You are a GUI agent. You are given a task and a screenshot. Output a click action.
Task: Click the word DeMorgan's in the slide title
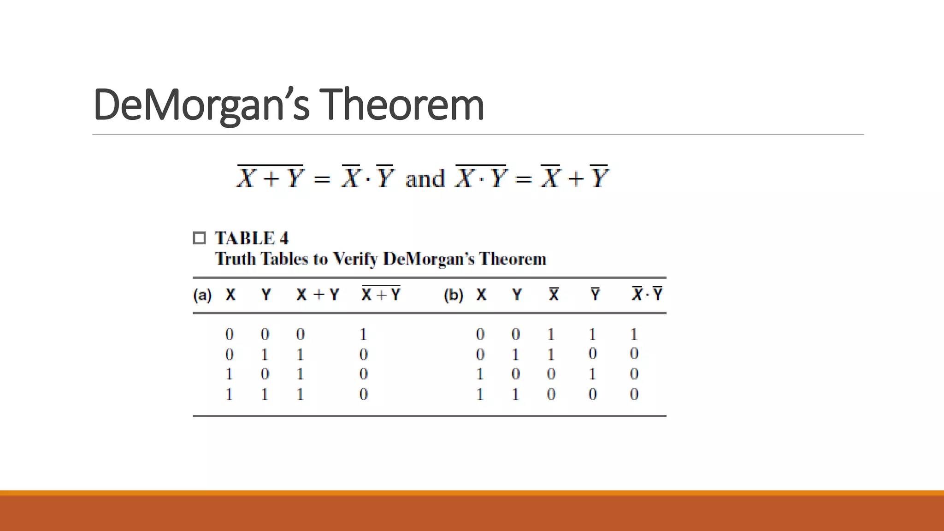pyautogui.click(x=201, y=105)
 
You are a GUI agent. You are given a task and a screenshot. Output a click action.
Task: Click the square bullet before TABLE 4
pyautogui.click(x=199, y=238)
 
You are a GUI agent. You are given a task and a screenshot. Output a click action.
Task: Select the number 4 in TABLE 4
pyautogui.click(x=284, y=238)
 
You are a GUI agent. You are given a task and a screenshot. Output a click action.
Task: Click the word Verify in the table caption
pyautogui.click(x=355, y=259)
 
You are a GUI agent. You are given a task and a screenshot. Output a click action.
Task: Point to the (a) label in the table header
pyautogui.click(x=202, y=295)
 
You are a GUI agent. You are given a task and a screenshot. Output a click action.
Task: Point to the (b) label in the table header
pyautogui.click(x=454, y=295)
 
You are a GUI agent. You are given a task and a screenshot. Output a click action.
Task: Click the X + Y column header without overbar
pyautogui.click(x=318, y=295)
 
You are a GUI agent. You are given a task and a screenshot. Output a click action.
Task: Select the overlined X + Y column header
pyautogui.click(x=381, y=294)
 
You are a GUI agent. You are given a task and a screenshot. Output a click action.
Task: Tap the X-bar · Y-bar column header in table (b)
pyautogui.click(x=647, y=294)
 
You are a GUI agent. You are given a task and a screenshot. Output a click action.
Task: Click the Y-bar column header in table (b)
pyautogui.click(x=595, y=294)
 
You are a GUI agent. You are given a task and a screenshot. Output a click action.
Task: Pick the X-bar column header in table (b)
pyautogui.click(x=554, y=294)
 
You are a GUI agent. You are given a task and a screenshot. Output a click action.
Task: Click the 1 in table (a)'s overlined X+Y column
pyautogui.click(x=363, y=334)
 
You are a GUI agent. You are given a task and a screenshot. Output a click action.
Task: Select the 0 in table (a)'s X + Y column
pyautogui.click(x=300, y=334)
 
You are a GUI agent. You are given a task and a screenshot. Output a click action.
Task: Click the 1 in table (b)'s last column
pyautogui.click(x=634, y=334)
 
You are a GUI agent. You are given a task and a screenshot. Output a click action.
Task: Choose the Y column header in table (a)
pyautogui.click(x=266, y=295)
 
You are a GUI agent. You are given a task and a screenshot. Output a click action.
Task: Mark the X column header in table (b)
pyautogui.click(x=481, y=295)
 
